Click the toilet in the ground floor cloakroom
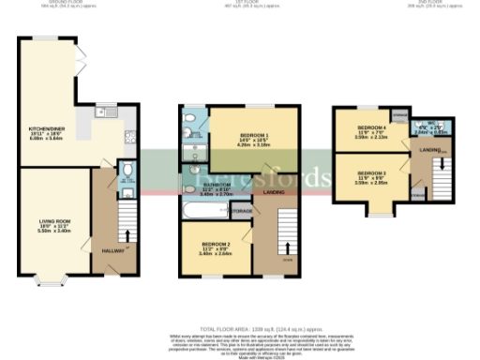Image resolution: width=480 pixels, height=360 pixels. coord(127,171)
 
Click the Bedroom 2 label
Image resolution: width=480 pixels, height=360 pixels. coord(215,247)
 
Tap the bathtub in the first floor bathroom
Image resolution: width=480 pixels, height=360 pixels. coord(203,211)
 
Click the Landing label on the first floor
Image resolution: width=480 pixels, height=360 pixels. coord(274,193)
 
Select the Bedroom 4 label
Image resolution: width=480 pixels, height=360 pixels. coord(371,128)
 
